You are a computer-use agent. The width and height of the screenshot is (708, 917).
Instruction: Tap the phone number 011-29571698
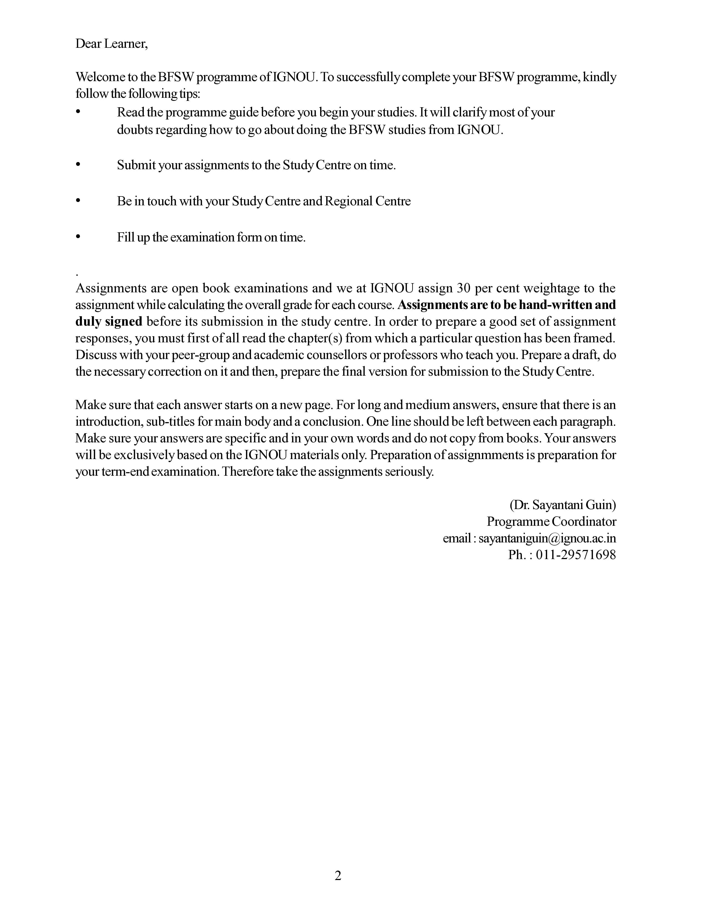[576, 555]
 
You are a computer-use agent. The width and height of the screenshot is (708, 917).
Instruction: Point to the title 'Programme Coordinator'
[551, 522]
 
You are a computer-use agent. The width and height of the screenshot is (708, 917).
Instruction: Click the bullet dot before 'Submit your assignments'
[78, 165]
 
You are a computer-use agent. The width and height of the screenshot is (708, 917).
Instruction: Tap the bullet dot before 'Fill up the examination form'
[78, 237]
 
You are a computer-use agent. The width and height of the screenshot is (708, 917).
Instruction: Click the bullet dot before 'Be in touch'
[78, 201]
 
